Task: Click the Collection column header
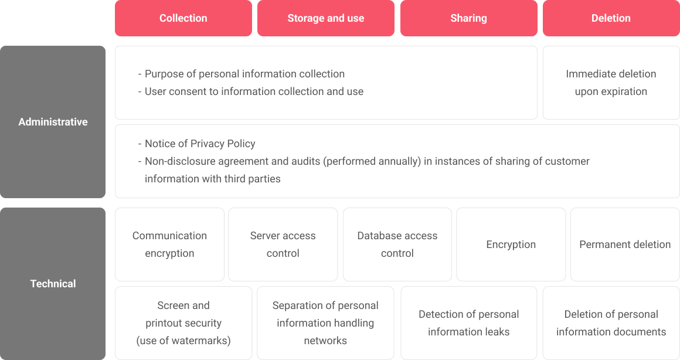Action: point(183,18)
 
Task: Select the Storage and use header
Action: point(326,18)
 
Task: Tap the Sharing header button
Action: point(468,18)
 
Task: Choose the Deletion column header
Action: point(611,18)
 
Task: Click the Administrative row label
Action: point(53,122)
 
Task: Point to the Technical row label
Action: point(53,284)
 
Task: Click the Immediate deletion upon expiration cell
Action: point(611,83)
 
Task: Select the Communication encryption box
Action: point(169,244)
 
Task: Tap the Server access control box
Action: point(283,244)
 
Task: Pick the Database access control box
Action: point(397,244)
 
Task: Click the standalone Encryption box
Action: point(511,244)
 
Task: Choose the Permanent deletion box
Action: point(625,244)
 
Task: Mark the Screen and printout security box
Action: point(183,323)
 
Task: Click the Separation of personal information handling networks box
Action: point(325,323)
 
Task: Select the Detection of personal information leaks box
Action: point(469,323)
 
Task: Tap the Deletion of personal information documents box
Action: point(611,323)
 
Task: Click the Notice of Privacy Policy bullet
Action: point(196,144)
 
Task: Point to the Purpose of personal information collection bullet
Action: point(241,74)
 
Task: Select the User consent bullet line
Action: point(251,91)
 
